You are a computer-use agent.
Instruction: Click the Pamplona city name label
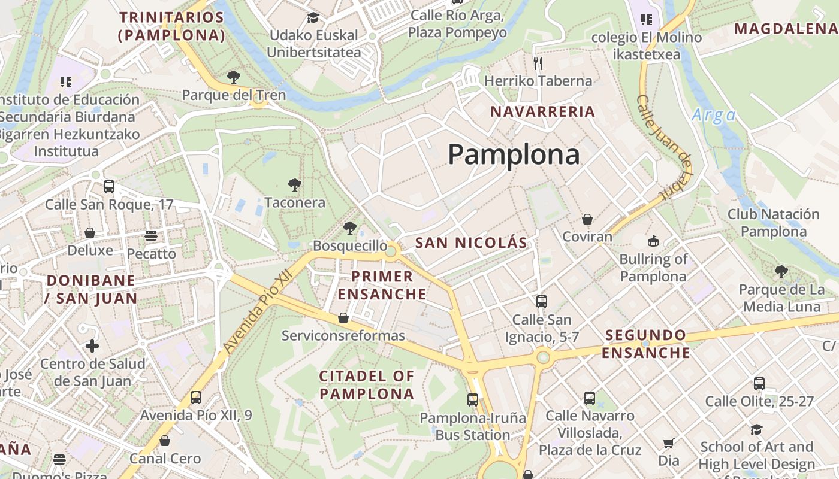514,154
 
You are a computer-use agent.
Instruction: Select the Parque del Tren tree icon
234,77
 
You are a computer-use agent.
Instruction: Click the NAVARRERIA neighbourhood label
543,111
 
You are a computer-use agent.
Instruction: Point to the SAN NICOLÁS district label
471,242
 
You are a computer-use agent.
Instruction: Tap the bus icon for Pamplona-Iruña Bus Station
473,399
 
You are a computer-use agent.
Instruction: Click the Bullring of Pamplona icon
653,241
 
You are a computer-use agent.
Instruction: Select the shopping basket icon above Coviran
587,219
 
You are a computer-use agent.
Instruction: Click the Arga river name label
713,115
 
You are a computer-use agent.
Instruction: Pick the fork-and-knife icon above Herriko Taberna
538,63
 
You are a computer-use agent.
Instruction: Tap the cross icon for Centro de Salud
92,346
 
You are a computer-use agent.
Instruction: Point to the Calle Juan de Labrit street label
665,147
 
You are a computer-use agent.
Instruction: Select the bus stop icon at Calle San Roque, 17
109,186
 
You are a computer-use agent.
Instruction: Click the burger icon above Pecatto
151,236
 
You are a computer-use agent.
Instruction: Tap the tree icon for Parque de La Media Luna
781,272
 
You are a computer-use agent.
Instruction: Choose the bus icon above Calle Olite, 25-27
759,384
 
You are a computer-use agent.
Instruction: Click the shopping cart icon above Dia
669,443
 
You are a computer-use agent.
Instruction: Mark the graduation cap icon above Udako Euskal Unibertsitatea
313,17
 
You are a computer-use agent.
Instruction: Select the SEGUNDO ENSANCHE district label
646,344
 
